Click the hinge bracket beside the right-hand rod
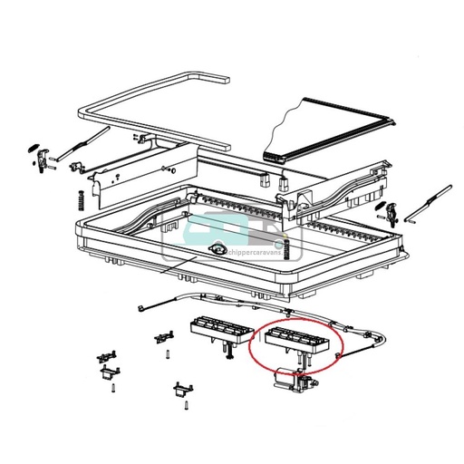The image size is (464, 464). point(392,213)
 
